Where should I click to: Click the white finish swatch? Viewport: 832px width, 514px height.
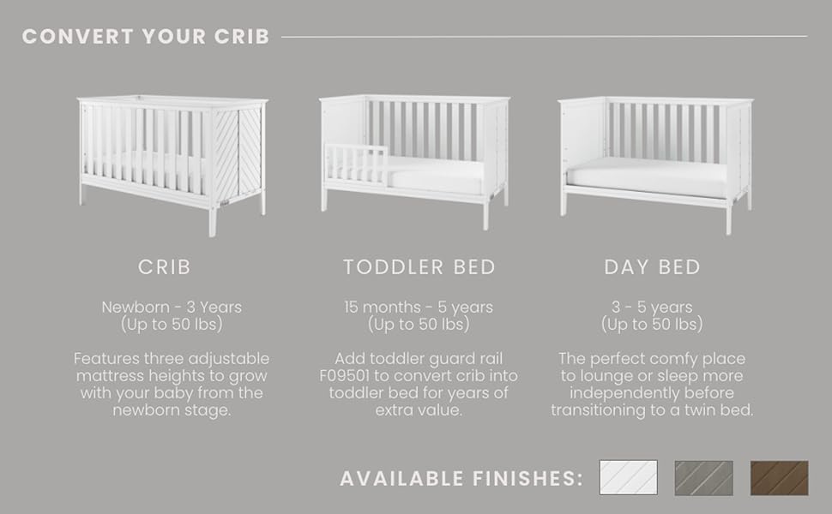click(628, 477)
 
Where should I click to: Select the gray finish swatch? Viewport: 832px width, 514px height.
click(703, 478)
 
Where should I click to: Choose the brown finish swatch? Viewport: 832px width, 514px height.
click(780, 478)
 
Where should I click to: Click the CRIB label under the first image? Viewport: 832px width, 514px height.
click(164, 267)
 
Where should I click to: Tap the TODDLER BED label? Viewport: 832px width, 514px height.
click(419, 267)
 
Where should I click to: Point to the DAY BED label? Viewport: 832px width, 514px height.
click(652, 267)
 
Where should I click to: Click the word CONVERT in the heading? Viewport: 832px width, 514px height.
click(78, 37)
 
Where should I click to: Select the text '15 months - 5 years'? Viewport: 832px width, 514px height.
click(419, 307)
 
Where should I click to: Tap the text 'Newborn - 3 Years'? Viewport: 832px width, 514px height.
click(172, 307)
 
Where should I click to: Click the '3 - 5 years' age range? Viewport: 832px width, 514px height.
click(652, 307)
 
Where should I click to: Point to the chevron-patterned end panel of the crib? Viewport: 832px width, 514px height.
click(238, 153)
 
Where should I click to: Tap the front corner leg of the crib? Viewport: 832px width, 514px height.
click(212, 220)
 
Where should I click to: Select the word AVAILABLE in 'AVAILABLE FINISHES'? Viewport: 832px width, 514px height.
click(401, 479)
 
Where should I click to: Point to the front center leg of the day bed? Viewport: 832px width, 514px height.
click(728, 218)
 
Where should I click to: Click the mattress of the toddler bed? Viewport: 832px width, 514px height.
click(435, 176)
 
